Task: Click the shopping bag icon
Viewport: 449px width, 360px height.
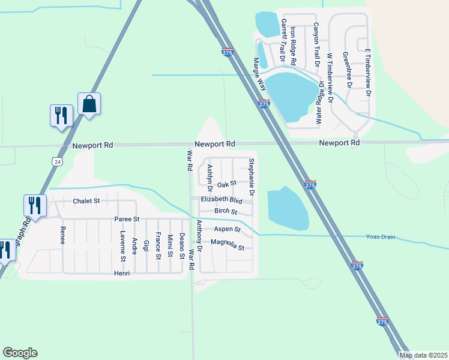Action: pos(89,104)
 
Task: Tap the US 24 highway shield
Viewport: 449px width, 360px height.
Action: pos(56,161)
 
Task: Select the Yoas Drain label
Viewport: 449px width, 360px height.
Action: pos(381,237)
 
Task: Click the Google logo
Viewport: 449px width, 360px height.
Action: pos(20,353)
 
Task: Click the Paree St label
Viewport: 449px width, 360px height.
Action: pos(127,220)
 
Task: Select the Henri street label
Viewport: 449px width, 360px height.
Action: pos(122,273)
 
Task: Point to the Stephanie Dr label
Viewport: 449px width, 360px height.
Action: pos(252,177)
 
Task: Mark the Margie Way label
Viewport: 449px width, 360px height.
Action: pos(259,74)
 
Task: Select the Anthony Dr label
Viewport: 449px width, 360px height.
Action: pos(200,236)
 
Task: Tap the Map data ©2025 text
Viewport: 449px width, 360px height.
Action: pos(423,355)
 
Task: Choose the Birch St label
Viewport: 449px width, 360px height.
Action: pos(226,212)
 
